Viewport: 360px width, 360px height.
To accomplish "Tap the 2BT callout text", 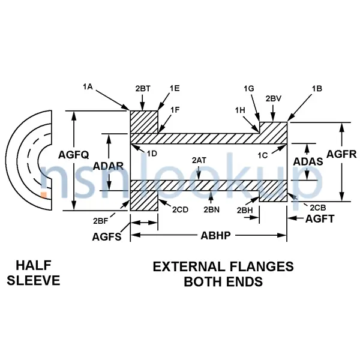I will tap(143, 88).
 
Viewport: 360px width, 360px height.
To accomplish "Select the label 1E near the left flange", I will tap(174, 88).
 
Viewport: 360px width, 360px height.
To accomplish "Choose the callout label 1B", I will tap(317, 88).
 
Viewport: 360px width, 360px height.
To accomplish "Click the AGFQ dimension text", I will tap(74, 155).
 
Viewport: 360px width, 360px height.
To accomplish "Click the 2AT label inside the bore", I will tap(199, 160).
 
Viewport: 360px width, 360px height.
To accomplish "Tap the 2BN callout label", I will tap(211, 209).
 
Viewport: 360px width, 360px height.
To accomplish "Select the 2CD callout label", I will tap(180, 209).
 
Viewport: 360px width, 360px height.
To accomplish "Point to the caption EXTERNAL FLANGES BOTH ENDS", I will tap(223, 274).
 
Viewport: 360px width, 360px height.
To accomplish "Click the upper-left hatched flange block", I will tap(144, 122).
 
